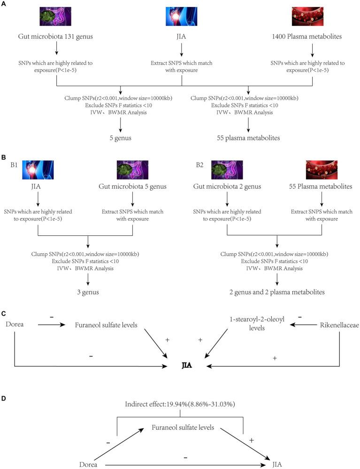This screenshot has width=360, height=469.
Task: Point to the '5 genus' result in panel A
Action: (121, 138)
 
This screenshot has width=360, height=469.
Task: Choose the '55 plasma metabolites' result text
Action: (248, 138)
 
